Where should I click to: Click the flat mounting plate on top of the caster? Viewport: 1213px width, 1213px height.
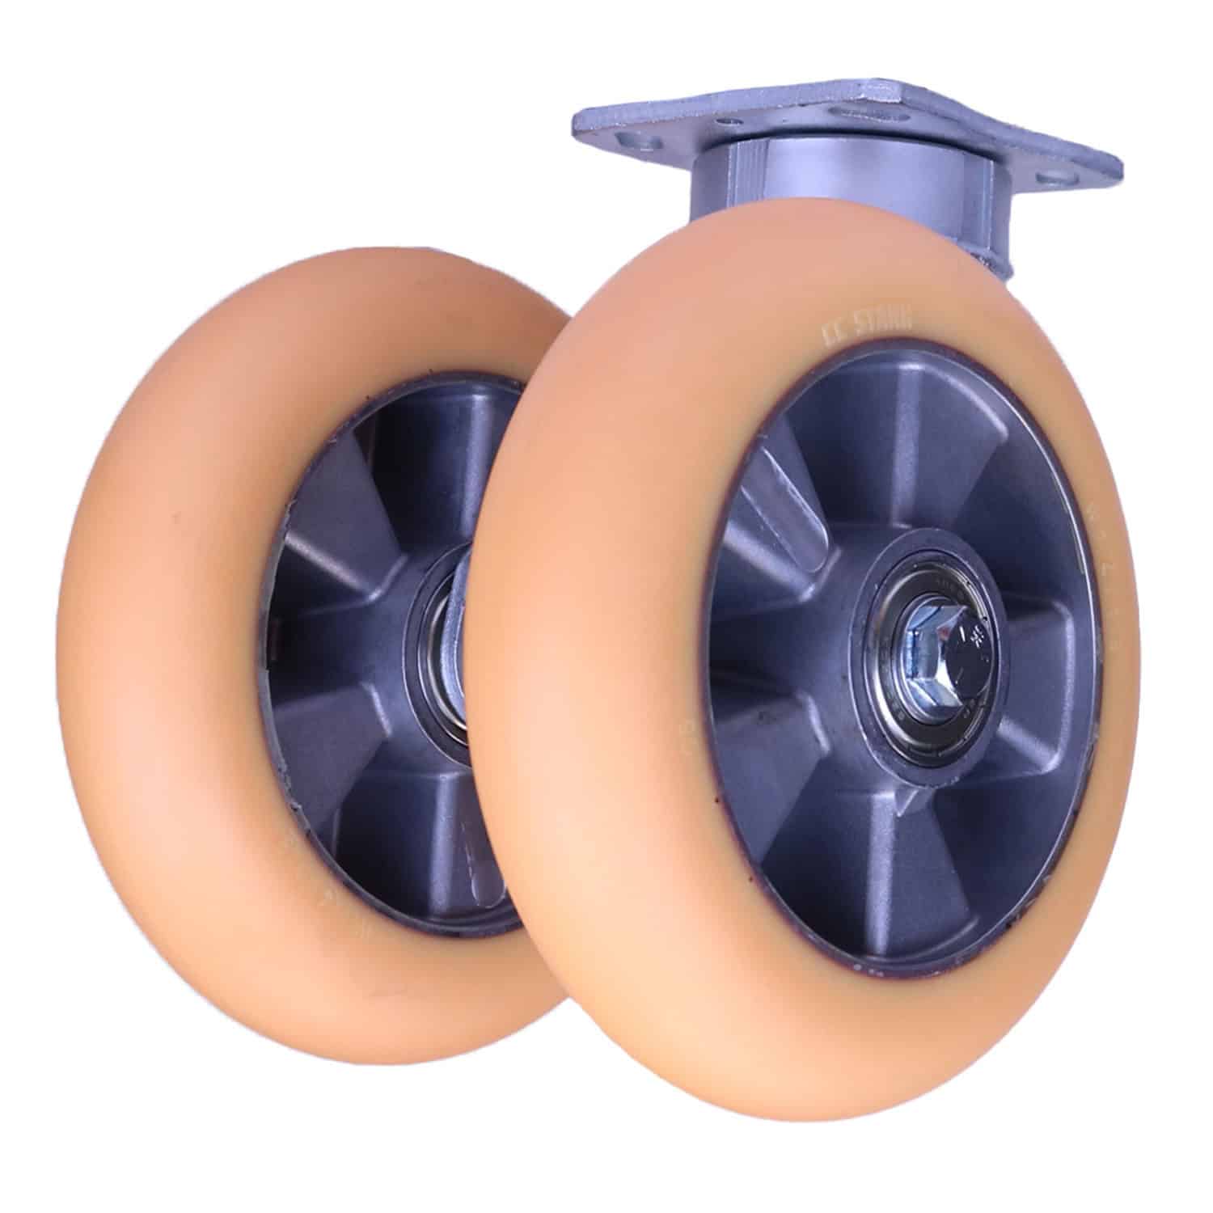[849, 129]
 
